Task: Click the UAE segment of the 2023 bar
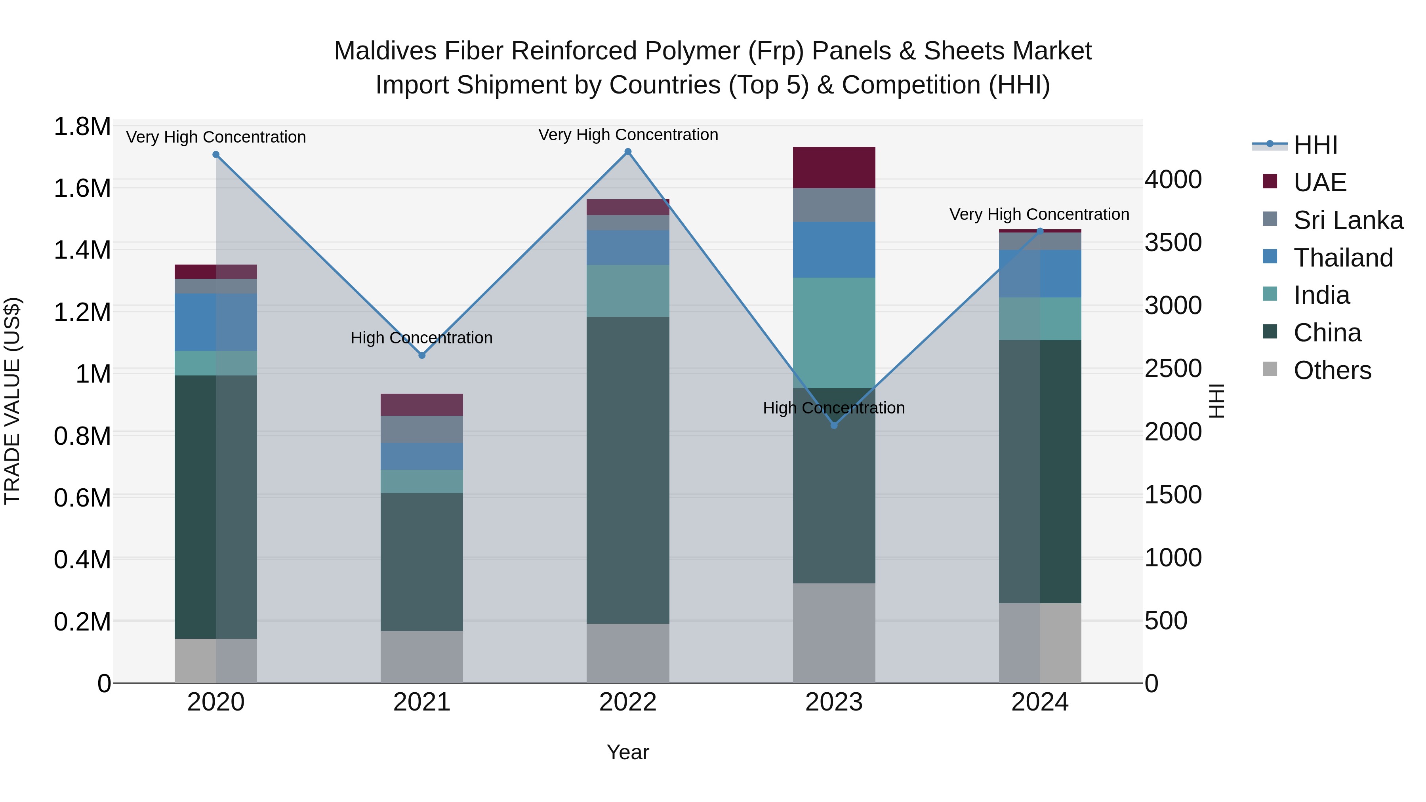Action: [834, 167]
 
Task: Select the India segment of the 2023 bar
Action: [834, 332]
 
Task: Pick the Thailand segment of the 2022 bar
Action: [628, 248]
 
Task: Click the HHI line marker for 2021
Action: [421, 355]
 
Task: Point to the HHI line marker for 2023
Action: [834, 425]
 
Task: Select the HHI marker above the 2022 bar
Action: [628, 152]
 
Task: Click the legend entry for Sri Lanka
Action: [1348, 220]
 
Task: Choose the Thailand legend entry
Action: [1342, 258]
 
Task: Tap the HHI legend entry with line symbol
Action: [1295, 145]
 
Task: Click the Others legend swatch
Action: [1270, 369]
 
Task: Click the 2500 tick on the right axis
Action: [1172, 369]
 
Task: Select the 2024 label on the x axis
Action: [1040, 702]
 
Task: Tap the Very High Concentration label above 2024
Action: [1039, 214]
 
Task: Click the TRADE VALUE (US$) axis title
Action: [12, 401]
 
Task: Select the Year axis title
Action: [628, 752]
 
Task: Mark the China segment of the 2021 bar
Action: [421, 561]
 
